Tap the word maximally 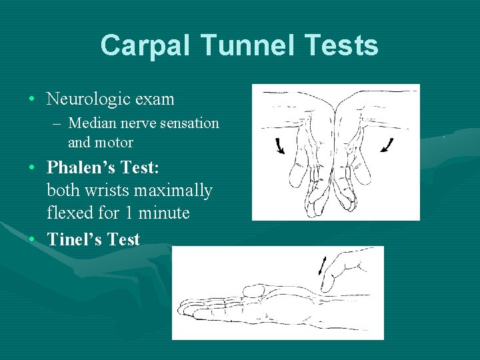tap(173, 191)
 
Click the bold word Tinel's tap(75, 239)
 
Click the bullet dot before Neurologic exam tap(33, 100)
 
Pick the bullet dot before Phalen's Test tap(33, 167)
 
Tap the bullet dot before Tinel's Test tap(33, 240)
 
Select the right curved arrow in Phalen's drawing tap(387, 145)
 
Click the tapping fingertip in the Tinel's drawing tap(326, 286)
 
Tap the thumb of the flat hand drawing tap(254, 291)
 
